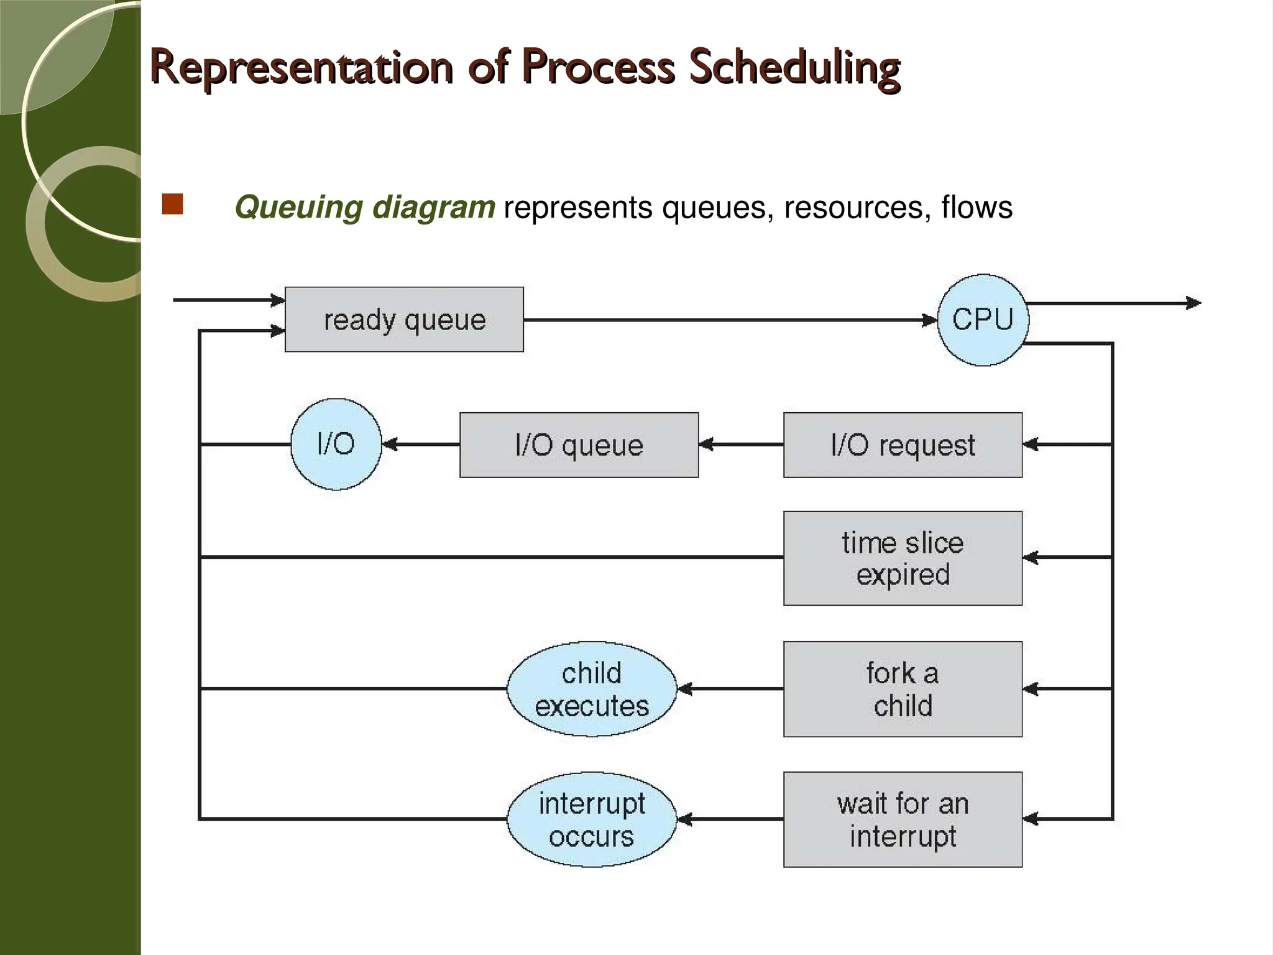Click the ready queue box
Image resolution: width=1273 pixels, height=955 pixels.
tap(404, 320)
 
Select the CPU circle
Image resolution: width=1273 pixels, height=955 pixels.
tap(982, 320)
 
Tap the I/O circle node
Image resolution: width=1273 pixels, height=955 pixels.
tap(336, 444)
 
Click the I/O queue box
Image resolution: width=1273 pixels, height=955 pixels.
tap(579, 445)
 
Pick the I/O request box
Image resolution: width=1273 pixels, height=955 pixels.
tap(903, 445)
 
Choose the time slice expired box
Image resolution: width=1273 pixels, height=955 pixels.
tap(903, 558)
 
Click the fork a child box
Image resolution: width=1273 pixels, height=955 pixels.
tap(903, 689)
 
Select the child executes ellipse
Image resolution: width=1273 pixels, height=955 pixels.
tap(591, 689)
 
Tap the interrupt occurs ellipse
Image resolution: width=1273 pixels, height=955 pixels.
tap(591, 819)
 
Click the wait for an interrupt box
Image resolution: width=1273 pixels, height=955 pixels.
tap(903, 819)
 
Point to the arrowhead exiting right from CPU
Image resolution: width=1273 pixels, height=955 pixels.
tap(1193, 303)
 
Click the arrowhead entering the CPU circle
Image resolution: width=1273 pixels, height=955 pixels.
tap(930, 320)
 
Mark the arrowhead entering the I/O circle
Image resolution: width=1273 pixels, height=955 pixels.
tap(390, 445)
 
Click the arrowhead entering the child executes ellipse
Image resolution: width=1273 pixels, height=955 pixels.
tap(684, 689)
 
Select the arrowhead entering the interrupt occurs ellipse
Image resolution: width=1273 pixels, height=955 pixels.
tap(684, 819)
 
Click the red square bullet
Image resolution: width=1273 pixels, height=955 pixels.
tap(172, 205)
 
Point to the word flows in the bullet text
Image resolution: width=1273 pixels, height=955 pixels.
tap(977, 207)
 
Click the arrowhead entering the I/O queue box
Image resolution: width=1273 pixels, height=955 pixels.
tap(706, 445)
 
